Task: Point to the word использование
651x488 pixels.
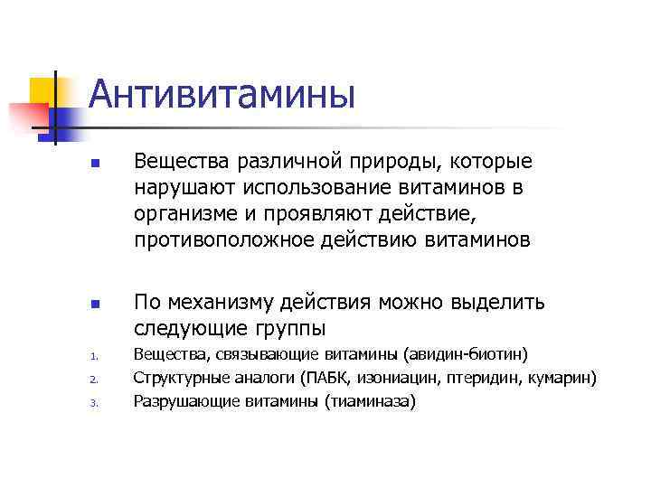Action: (x=289, y=188)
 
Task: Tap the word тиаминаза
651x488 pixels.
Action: (x=370, y=400)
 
